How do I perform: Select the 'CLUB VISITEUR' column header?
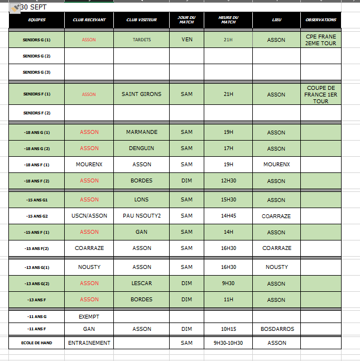point(142,20)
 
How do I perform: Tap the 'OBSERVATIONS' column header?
point(321,20)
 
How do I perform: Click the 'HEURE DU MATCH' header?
point(228,20)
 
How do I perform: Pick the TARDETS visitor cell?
point(142,40)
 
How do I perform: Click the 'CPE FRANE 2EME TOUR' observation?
point(321,40)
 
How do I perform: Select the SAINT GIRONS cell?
point(142,94)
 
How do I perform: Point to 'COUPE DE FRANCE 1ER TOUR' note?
point(321,94)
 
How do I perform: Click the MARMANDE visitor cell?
point(142,132)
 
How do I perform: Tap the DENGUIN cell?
point(142,148)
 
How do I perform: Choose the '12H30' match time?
point(228,181)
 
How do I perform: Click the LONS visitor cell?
point(142,200)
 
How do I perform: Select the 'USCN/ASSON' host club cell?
point(89,216)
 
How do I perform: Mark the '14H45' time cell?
point(228,216)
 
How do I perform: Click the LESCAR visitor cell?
point(142,283)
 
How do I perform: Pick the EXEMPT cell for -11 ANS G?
point(89,316)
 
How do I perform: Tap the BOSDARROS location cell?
point(277,329)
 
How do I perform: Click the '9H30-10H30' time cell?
point(228,343)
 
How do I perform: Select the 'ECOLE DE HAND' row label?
point(37,343)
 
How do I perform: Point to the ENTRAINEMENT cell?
point(89,343)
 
